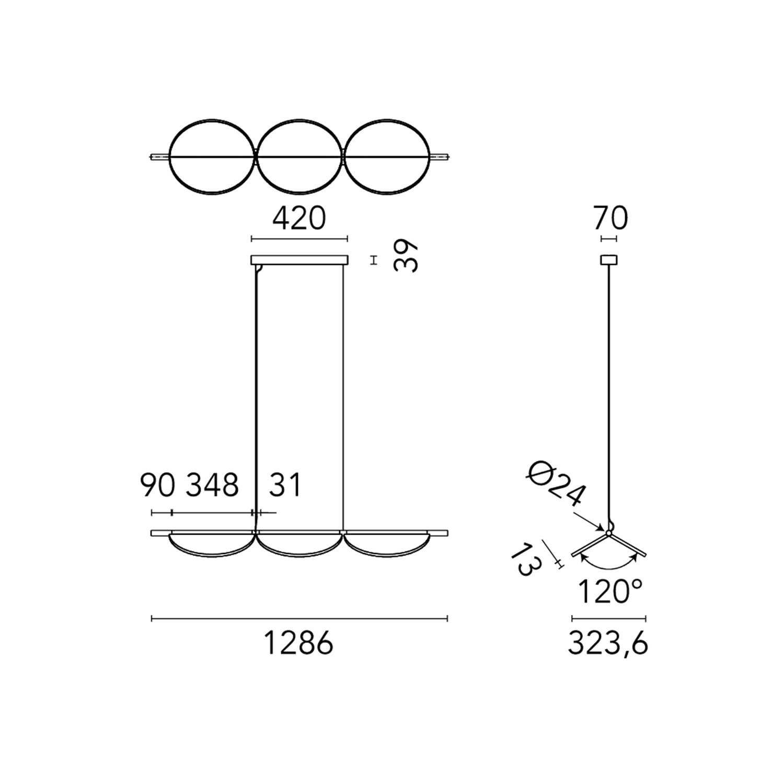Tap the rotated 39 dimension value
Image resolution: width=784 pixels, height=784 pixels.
(x=406, y=256)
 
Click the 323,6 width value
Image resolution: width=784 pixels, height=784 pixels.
(x=608, y=643)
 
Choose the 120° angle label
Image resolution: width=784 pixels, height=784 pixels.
(x=610, y=592)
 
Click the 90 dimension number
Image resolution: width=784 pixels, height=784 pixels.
(x=157, y=485)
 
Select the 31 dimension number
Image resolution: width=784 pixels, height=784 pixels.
(x=285, y=485)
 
